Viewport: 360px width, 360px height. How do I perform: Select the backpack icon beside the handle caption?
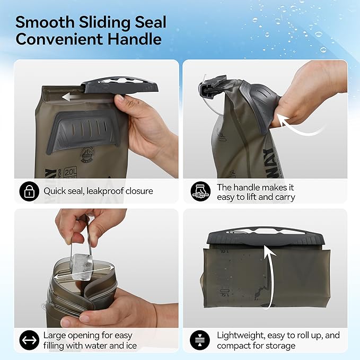click(x=200, y=191)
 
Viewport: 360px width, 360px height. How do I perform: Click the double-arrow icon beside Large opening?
click(x=29, y=339)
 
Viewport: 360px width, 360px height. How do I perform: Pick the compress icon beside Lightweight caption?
click(x=200, y=339)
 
